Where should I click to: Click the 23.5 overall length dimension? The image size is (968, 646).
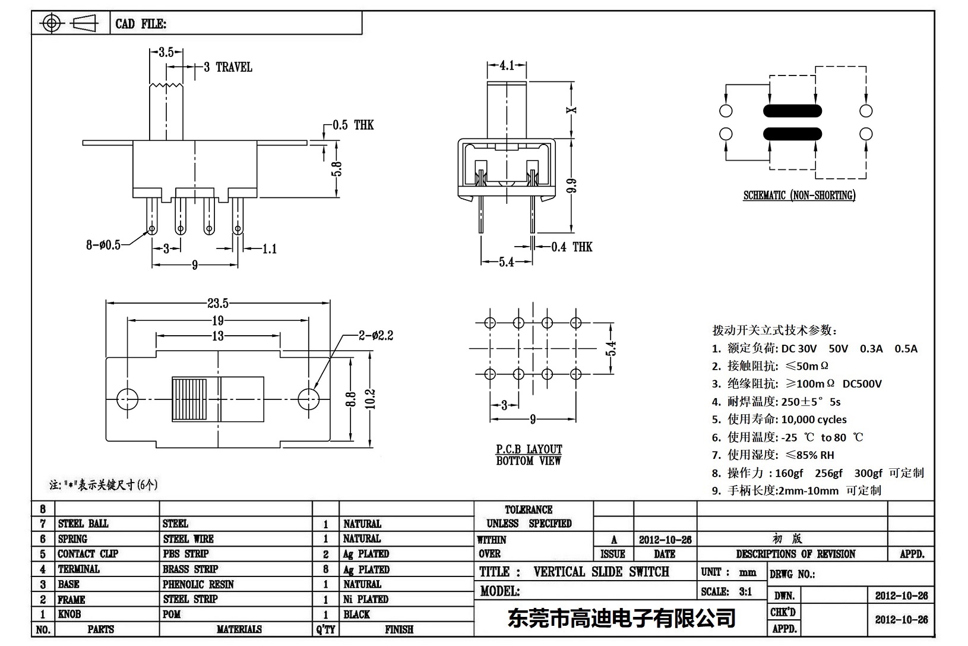[x=217, y=304]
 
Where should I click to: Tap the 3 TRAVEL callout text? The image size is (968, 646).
[x=228, y=67]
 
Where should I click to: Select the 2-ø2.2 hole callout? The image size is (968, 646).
[x=375, y=336]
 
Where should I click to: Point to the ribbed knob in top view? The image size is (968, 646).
[x=190, y=399]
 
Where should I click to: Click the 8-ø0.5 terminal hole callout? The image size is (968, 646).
[x=103, y=244]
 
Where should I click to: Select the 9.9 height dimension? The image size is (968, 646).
[x=572, y=186]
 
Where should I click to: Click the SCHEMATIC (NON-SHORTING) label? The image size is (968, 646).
[x=799, y=196]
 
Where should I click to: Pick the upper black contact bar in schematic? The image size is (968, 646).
[x=792, y=111]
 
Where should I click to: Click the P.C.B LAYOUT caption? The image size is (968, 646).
[x=529, y=449]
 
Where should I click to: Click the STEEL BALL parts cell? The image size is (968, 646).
[x=83, y=524]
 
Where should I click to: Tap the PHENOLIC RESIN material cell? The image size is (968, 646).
[x=198, y=584]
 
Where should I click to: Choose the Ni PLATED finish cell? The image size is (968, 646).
[x=365, y=599]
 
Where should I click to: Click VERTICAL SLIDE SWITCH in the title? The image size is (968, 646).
[x=601, y=572]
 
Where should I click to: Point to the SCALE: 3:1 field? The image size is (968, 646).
[x=726, y=591]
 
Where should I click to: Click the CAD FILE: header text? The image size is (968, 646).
[x=141, y=24]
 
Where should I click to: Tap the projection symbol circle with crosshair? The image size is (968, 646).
[x=52, y=24]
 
